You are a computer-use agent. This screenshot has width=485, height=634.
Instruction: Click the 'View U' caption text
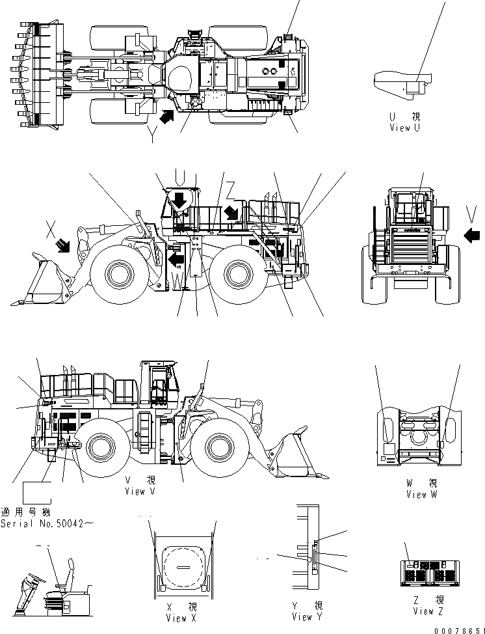point(404,128)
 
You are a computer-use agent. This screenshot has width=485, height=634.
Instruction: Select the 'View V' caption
point(140,491)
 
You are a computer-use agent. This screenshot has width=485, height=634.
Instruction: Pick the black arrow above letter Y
point(166,117)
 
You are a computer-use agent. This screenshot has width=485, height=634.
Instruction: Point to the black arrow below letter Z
point(230,212)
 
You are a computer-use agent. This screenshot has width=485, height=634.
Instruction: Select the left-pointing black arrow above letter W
point(174,259)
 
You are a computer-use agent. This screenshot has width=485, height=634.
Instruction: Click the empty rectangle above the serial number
point(38,493)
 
